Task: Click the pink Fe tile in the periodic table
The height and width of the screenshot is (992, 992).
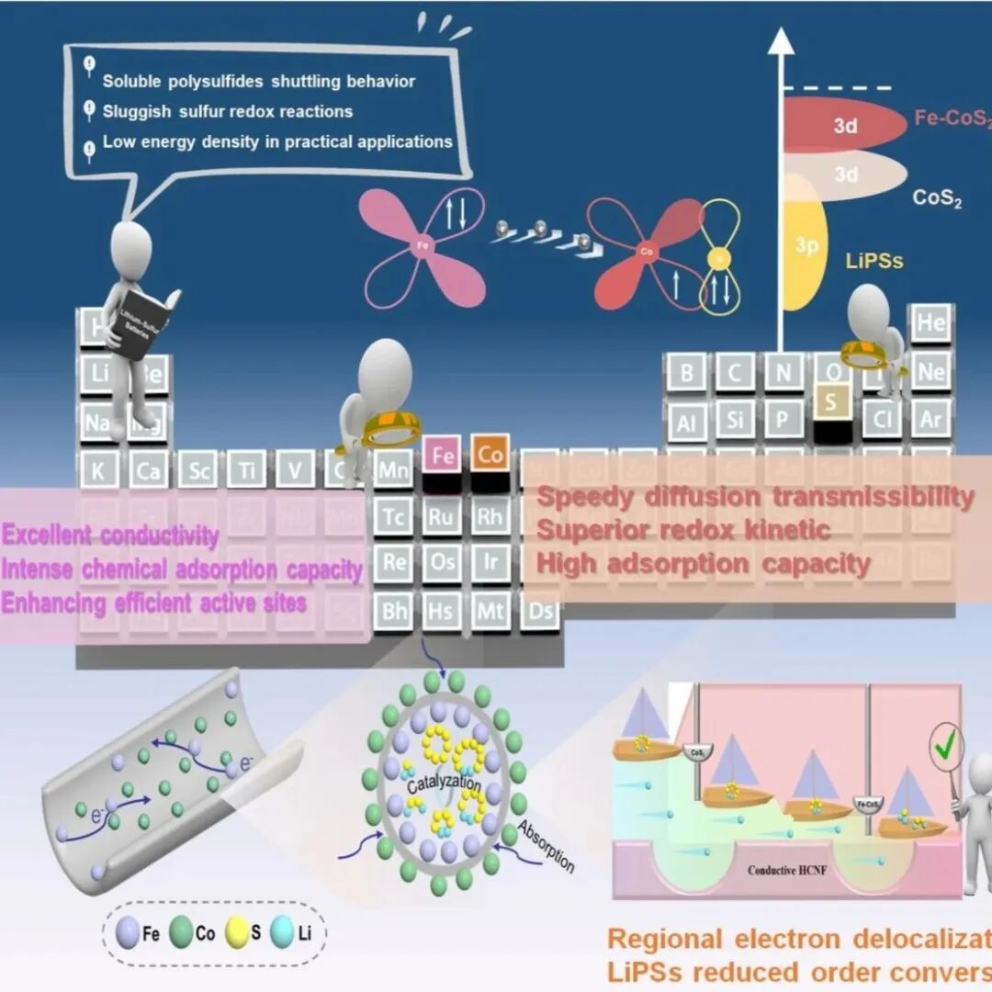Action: click(441, 455)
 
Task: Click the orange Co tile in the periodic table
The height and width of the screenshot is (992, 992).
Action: click(490, 455)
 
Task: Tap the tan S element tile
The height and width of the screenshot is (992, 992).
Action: click(832, 402)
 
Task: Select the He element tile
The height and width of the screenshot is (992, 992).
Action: click(930, 323)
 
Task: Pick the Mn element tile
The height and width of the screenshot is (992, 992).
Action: click(393, 470)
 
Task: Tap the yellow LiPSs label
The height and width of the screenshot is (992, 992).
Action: click(874, 261)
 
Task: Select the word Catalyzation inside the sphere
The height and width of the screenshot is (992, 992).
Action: click(444, 785)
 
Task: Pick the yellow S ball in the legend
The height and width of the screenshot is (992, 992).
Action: click(235, 932)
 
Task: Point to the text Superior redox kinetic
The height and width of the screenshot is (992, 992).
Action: click(683, 530)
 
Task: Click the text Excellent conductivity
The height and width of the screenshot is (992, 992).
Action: click(110, 535)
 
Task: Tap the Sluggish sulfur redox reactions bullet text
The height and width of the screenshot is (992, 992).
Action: click(227, 111)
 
